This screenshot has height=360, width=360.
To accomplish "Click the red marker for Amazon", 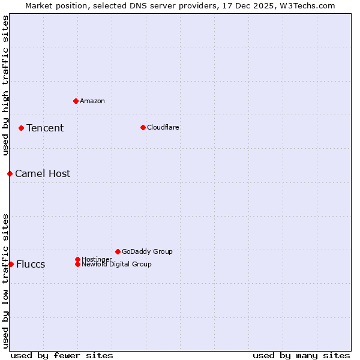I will tap(76, 101).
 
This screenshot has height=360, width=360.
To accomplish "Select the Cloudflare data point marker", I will tap(143, 127).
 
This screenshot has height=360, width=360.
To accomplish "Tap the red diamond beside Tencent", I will tap(21, 128).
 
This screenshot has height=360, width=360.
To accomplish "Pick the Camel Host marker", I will tap(10, 173).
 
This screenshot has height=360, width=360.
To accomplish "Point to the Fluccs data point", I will tap(11, 264).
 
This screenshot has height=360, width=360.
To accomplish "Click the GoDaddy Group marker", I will tap(118, 251).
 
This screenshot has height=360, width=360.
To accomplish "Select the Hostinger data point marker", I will tap(77, 259).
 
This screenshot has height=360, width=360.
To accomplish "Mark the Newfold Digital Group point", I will tap(78, 264).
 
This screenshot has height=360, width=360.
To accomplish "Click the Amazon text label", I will tap(92, 101).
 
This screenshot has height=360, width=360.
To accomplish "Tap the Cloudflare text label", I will tap(163, 127).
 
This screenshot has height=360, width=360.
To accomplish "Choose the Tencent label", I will tap(45, 128).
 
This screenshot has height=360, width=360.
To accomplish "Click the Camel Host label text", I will tap(43, 173).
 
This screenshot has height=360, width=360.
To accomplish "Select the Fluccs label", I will tap(31, 265).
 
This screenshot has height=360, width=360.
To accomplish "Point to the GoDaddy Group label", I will tap(147, 251).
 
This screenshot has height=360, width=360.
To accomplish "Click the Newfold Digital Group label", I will tap(117, 264).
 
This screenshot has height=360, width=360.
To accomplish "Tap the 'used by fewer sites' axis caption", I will tap(62, 355).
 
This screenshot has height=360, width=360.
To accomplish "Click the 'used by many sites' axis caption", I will tap(301, 355).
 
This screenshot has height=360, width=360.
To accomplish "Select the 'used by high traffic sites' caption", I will tap(5, 85).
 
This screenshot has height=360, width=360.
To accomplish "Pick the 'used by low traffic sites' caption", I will tap(5, 281).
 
